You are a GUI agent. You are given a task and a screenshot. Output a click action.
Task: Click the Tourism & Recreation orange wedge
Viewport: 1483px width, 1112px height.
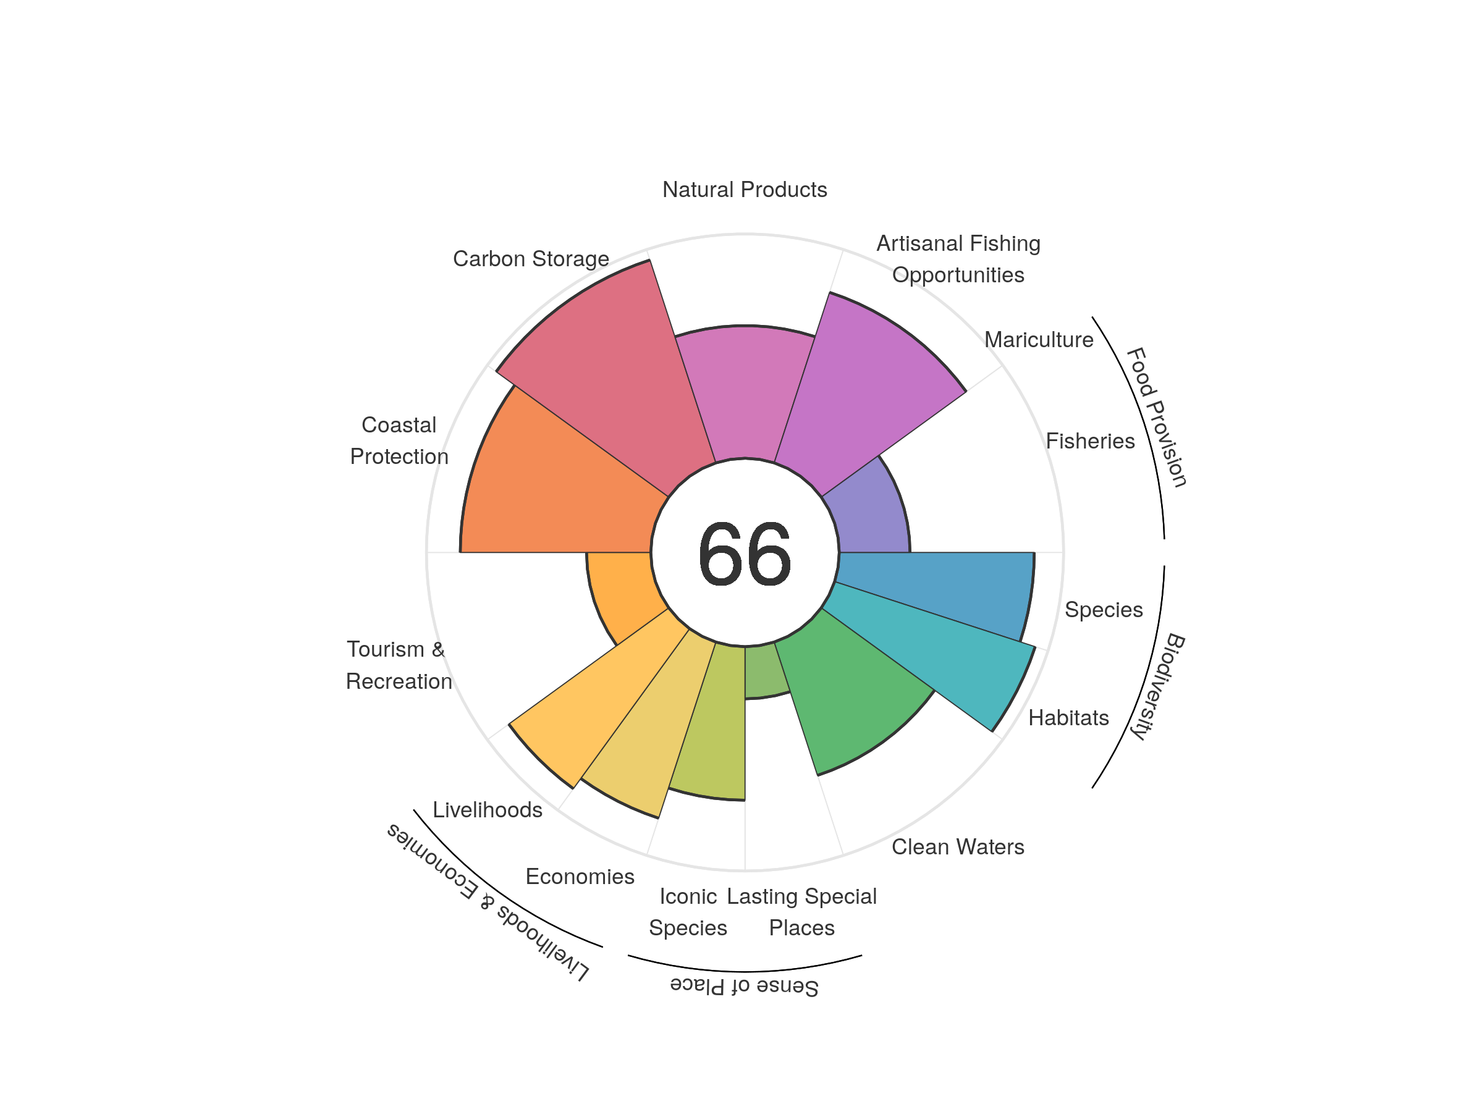(x=620, y=590)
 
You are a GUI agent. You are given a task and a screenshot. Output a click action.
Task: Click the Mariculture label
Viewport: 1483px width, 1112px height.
(x=1039, y=340)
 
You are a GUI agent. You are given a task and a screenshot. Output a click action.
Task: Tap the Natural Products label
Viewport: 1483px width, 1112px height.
(x=744, y=190)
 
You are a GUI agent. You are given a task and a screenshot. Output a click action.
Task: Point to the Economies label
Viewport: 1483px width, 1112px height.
(x=580, y=876)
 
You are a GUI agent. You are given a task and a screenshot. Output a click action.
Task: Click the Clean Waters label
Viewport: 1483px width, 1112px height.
(x=957, y=846)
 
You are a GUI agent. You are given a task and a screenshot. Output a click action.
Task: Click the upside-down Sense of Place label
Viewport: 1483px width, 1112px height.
(x=744, y=986)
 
